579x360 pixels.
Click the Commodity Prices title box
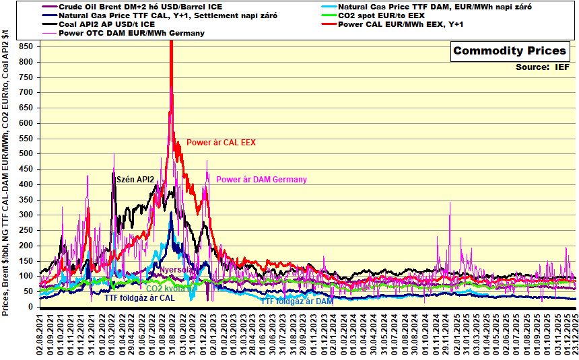coord(509,51)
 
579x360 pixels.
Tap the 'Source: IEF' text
coord(543,67)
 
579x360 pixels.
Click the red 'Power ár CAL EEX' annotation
coord(221,143)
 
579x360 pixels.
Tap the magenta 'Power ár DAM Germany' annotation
coord(261,180)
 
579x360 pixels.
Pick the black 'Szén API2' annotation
coord(136,179)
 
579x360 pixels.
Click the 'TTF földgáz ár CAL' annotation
coord(139,297)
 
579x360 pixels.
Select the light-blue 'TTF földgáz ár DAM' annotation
coord(296,301)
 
